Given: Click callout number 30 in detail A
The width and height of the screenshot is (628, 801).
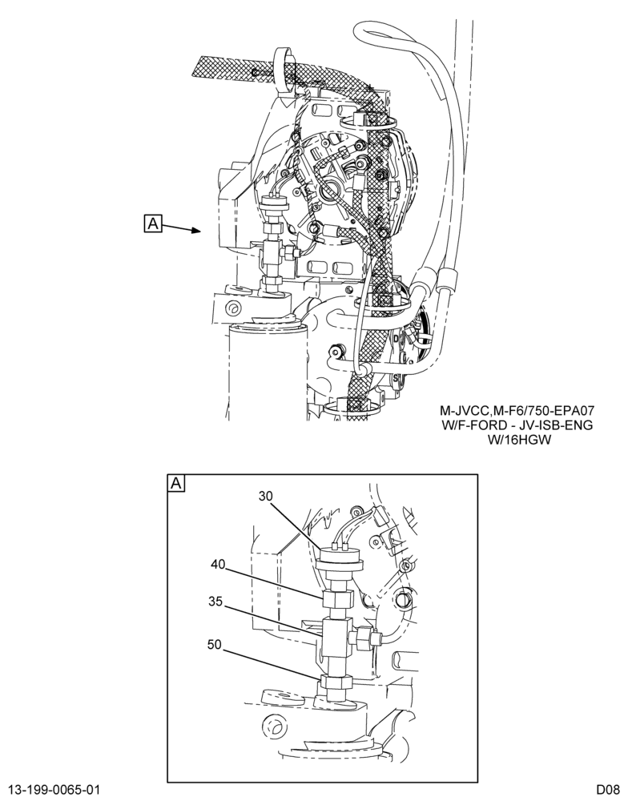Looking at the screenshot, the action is (266, 496).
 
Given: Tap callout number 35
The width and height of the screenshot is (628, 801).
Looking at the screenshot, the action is (215, 602).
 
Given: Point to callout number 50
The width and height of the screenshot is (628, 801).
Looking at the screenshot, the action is (215, 645).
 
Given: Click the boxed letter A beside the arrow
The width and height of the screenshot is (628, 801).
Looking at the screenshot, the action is (153, 223).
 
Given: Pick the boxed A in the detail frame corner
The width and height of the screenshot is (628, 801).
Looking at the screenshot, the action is (176, 483).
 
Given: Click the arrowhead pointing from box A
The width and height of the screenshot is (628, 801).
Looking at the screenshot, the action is (195, 231).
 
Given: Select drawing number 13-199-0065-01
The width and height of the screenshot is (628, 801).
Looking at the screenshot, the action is (54, 789).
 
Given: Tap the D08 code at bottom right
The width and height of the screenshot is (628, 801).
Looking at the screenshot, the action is (607, 789).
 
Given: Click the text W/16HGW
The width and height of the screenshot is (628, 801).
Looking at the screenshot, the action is (520, 440).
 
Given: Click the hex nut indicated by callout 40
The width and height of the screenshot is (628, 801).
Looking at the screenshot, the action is (338, 598).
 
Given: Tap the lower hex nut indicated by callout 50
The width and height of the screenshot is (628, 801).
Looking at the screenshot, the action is (335, 683).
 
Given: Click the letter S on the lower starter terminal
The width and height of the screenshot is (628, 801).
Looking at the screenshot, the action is (396, 378).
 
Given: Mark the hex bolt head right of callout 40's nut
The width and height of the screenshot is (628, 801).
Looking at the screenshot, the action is (403, 598).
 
